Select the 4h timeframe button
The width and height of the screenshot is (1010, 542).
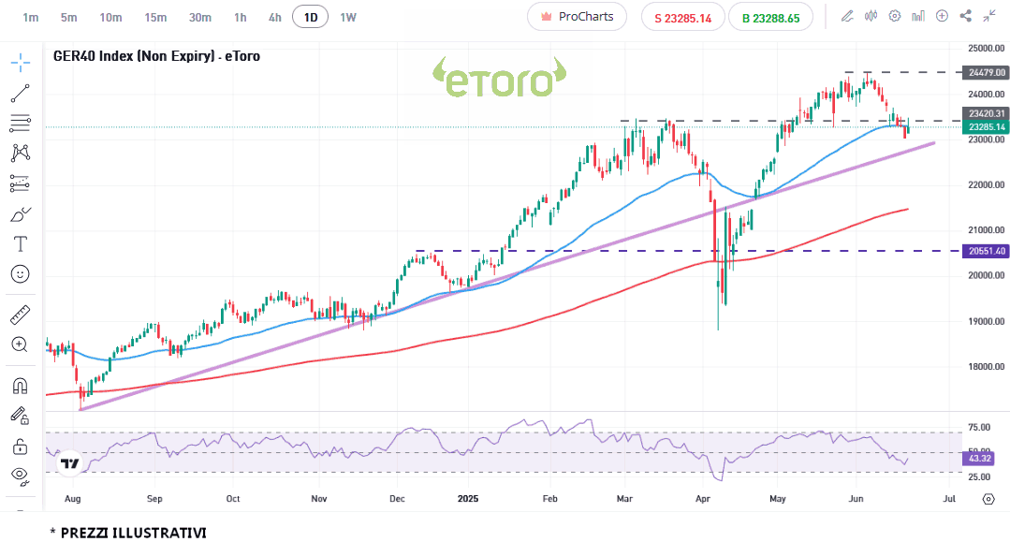[x=274, y=17]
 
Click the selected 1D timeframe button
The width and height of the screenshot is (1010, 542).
[x=310, y=17]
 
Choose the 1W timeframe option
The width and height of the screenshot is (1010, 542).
[x=348, y=17]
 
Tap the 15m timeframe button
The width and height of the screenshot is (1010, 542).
[x=155, y=17]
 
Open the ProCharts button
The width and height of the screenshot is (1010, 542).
[x=577, y=17]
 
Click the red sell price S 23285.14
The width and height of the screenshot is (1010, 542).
[x=682, y=18]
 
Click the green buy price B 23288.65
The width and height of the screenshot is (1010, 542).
[x=770, y=18]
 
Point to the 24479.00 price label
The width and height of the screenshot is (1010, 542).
[x=987, y=72]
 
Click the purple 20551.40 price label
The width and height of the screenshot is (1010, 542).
[x=987, y=251]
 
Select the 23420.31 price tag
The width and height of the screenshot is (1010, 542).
[x=987, y=113]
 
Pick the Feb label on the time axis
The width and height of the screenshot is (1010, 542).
[x=549, y=499]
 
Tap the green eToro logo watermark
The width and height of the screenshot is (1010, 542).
[x=498, y=79]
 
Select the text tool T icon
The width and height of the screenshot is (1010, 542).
[x=20, y=243]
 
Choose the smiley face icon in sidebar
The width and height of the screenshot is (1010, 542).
[x=20, y=274]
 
